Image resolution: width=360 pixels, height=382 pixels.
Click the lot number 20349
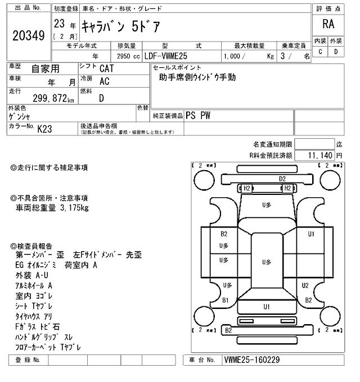(28, 35)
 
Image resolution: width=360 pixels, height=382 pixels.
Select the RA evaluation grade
(328, 24)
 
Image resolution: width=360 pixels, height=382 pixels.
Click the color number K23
(44, 129)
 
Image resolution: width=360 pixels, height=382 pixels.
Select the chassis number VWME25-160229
(251, 360)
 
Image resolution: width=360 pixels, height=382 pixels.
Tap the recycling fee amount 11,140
(320, 154)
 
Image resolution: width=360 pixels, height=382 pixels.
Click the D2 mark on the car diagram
(282, 179)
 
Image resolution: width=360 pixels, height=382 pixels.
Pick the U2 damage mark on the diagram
(305, 285)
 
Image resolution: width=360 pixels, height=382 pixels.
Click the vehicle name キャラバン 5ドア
(121, 25)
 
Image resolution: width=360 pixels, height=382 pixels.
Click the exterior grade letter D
(336, 52)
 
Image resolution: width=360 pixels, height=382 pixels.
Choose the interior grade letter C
(320, 52)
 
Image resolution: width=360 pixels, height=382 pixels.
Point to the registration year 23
(58, 24)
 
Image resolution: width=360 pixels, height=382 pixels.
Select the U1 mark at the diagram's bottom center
(266, 306)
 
